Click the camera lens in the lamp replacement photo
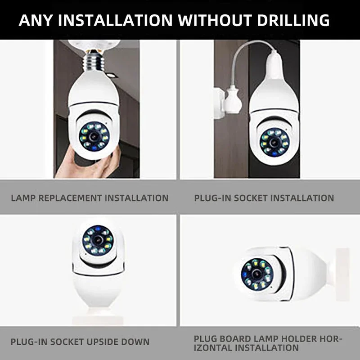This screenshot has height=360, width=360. pos(94,135)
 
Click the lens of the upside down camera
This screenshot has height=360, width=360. pos(97,240)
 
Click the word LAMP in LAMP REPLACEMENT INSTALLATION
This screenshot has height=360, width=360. pos(24,198)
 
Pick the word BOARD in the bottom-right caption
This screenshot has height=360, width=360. pos(232,338)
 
